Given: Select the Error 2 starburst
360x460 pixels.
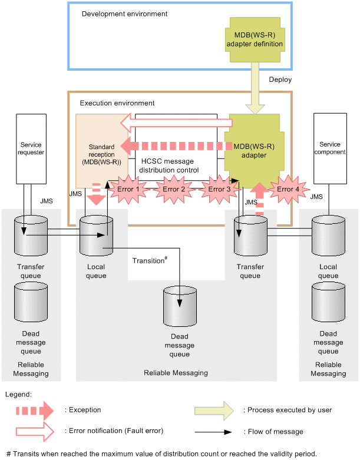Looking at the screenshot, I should (x=174, y=190).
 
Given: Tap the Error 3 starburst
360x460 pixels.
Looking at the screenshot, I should (x=220, y=190).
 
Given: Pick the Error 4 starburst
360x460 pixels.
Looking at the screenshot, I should (x=288, y=190).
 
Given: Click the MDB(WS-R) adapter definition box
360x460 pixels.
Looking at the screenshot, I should (x=252, y=39).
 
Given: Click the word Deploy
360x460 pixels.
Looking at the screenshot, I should (x=280, y=80).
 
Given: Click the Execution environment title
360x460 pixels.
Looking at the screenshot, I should (x=117, y=103).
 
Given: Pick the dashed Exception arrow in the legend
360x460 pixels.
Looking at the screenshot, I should (x=35, y=410).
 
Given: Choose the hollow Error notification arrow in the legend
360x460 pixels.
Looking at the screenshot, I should (x=35, y=432).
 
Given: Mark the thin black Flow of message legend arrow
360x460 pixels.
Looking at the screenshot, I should (x=216, y=432).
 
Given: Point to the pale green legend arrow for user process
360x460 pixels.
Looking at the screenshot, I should (x=216, y=410).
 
